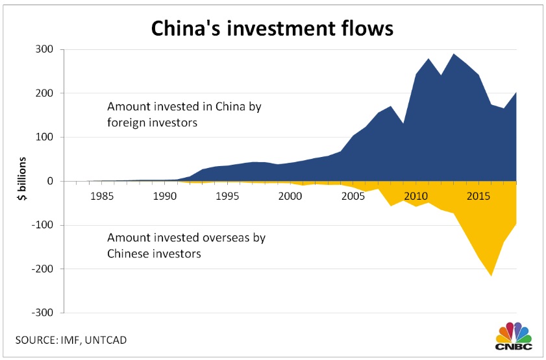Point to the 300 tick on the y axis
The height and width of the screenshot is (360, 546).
click(46, 49)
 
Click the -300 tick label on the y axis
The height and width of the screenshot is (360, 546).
click(43, 313)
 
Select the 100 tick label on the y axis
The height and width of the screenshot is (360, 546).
click(46, 137)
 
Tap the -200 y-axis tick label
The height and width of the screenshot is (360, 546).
click(43, 269)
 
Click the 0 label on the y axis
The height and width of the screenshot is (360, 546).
click(51, 181)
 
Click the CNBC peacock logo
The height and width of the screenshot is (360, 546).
click(514, 335)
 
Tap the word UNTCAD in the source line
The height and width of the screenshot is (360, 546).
click(115, 340)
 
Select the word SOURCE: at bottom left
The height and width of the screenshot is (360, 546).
click(37, 340)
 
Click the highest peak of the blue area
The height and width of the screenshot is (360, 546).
click(454, 54)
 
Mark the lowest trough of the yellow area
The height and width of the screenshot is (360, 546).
click(492, 276)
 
